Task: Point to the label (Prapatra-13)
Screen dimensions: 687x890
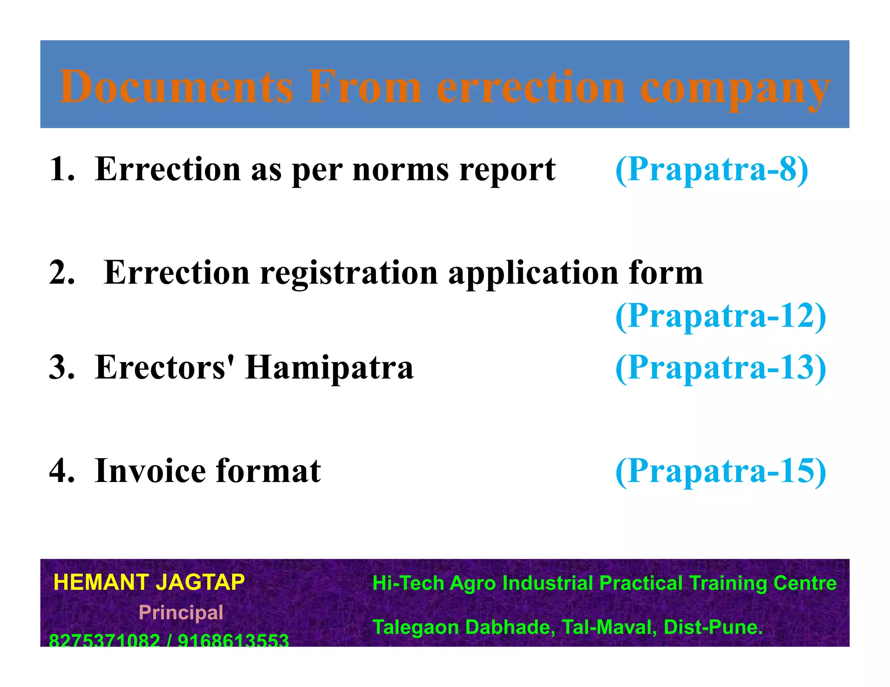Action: coord(721,367)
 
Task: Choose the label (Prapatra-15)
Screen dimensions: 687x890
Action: coord(721,471)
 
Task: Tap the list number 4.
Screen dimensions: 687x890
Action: coord(61,471)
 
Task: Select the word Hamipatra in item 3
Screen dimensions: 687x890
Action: coord(329,367)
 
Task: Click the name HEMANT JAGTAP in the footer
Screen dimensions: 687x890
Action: coord(149,582)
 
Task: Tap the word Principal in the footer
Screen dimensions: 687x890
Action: coord(181,613)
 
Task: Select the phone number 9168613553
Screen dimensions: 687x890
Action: coord(233,640)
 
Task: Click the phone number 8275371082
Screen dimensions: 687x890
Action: coord(104,640)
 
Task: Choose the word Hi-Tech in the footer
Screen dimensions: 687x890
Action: coord(408,583)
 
